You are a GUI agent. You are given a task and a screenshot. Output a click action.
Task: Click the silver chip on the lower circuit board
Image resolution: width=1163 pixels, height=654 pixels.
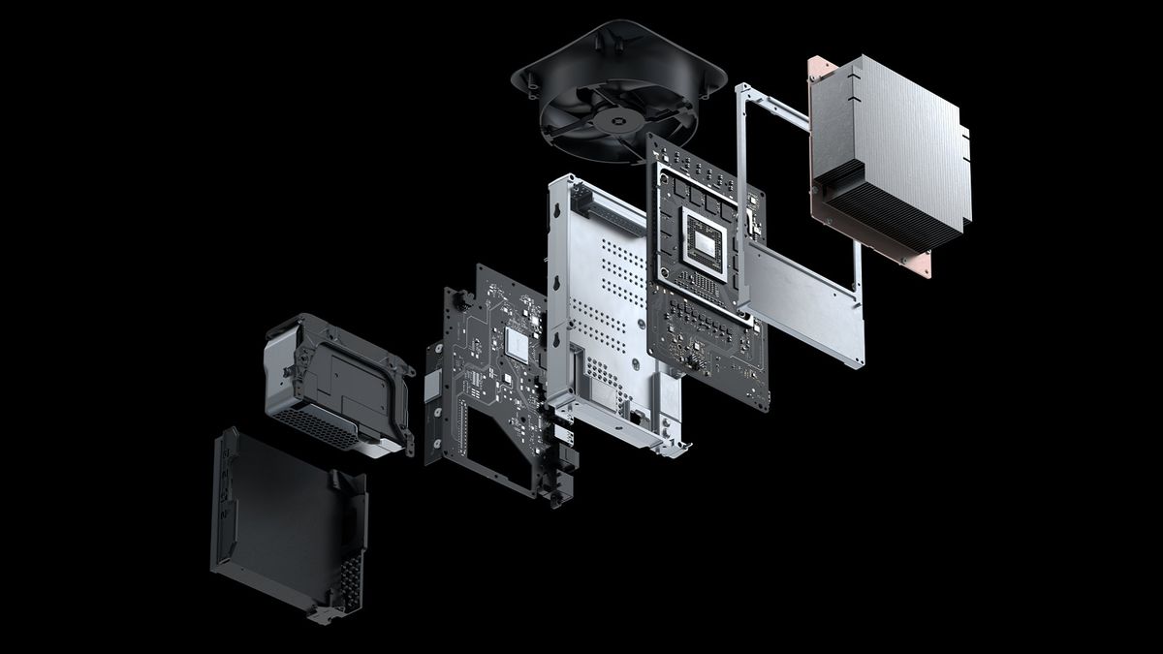(517, 344)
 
